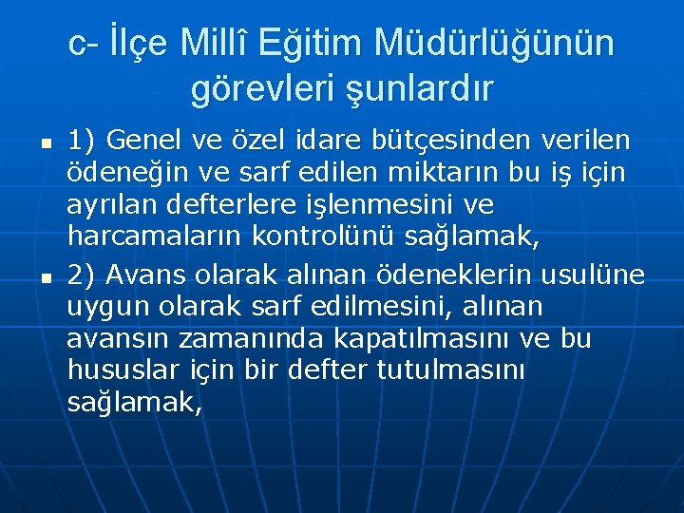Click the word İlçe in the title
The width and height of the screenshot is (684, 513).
(x=138, y=44)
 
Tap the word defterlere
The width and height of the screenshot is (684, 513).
(x=247, y=206)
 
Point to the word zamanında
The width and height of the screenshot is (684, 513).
(x=259, y=339)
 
